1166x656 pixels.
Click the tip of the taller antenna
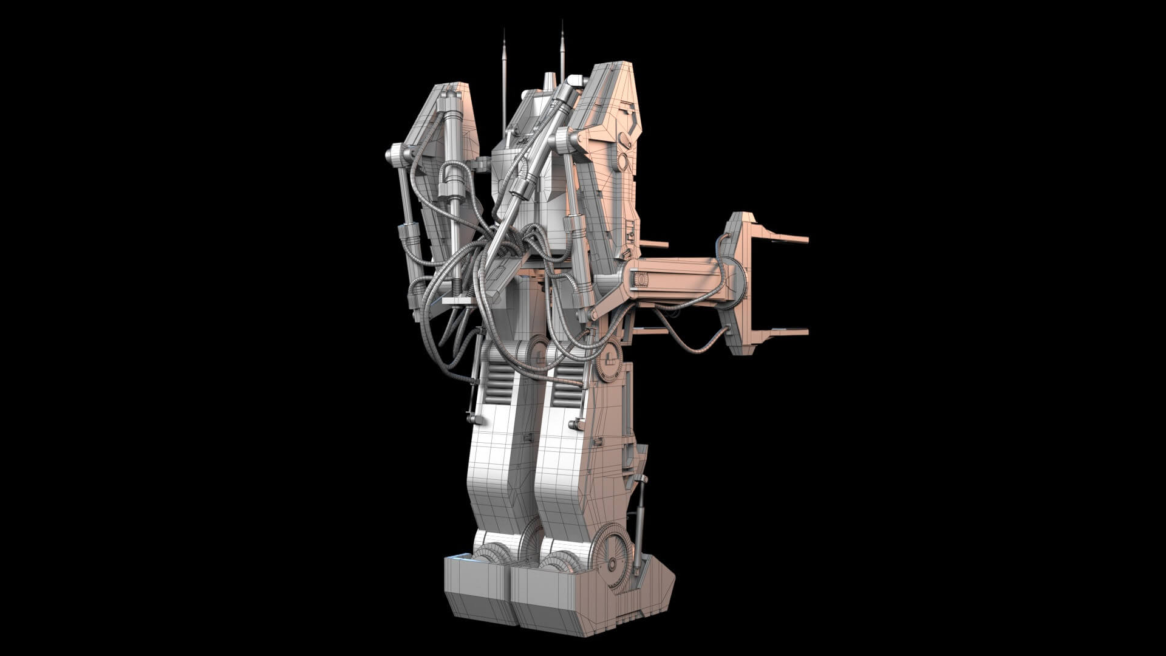[562, 22]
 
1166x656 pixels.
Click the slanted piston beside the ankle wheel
[640, 522]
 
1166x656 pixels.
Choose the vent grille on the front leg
[568, 377]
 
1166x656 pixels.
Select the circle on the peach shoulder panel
[623, 162]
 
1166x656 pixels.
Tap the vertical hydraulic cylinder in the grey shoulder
[453, 158]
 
